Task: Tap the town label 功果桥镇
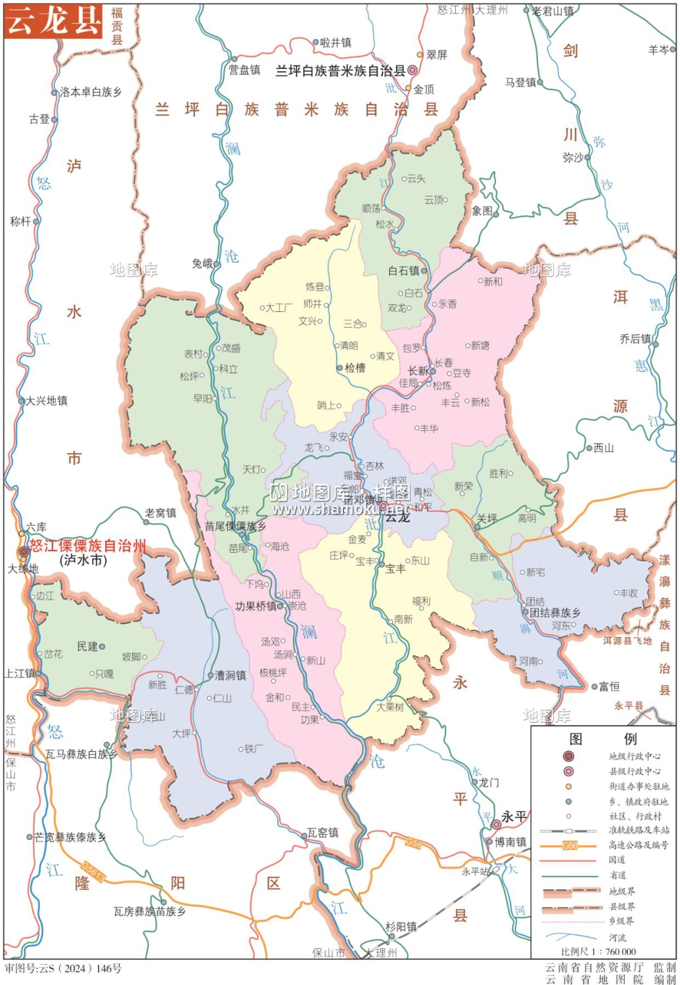[x=256, y=606]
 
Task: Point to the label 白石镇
[x=403, y=271]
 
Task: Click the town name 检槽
[x=355, y=368]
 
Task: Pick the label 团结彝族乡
[x=555, y=612]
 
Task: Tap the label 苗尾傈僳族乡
[x=235, y=526]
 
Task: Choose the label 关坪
[x=487, y=519]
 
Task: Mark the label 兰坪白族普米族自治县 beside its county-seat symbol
[x=340, y=70]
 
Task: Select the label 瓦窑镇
[x=323, y=833]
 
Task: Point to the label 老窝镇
[x=160, y=513]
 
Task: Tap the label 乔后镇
[x=635, y=339]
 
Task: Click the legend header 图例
[x=602, y=739]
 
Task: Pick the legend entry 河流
[x=618, y=937]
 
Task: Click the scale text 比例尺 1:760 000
[x=599, y=952]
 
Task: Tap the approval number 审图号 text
[x=63, y=968]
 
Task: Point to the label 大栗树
[x=390, y=707]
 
